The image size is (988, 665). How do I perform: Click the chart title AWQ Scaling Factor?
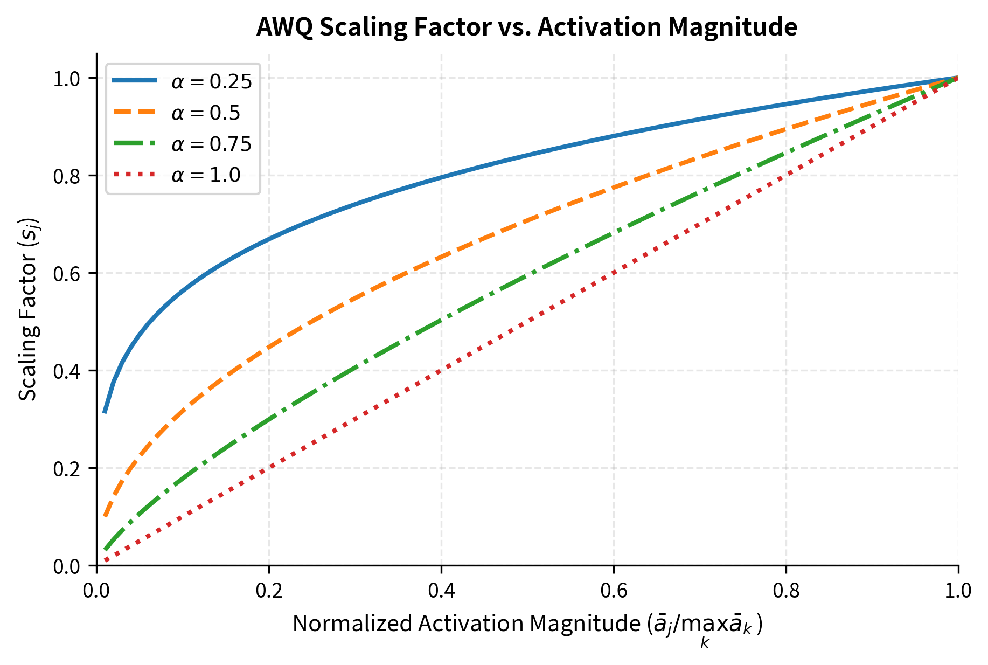click(x=526, y=27)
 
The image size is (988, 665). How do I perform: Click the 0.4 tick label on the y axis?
click(x=66, y=371)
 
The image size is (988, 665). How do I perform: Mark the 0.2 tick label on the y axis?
click(x=66, y=468)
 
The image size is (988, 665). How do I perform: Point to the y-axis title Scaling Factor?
click(x=28, y=309)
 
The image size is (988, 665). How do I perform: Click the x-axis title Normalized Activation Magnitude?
click(x=527, y=624)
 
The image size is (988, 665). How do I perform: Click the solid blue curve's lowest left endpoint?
click(x=105, y=412)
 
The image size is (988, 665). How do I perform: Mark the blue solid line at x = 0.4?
click(x=441, y=177)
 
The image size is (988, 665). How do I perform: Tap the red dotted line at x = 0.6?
click(x=614, y=273)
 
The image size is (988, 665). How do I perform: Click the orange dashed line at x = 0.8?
click(x=786, y=129)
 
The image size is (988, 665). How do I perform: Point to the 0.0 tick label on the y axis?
click(x=66, y=566)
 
